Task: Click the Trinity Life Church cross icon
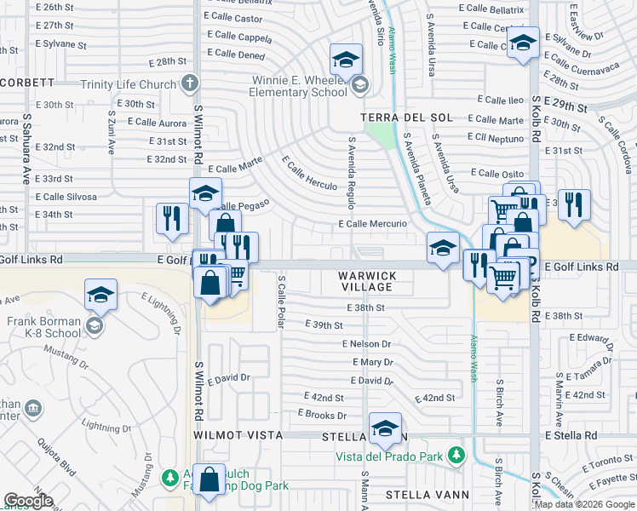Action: (189, 83)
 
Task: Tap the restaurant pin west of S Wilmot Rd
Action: (172, 219)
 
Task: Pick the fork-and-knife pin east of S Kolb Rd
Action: (574, 205)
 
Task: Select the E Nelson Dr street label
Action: (366, 344)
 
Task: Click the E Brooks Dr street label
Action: (322, 415)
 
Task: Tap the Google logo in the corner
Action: (28, 501)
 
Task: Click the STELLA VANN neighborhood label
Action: (427, 494)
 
